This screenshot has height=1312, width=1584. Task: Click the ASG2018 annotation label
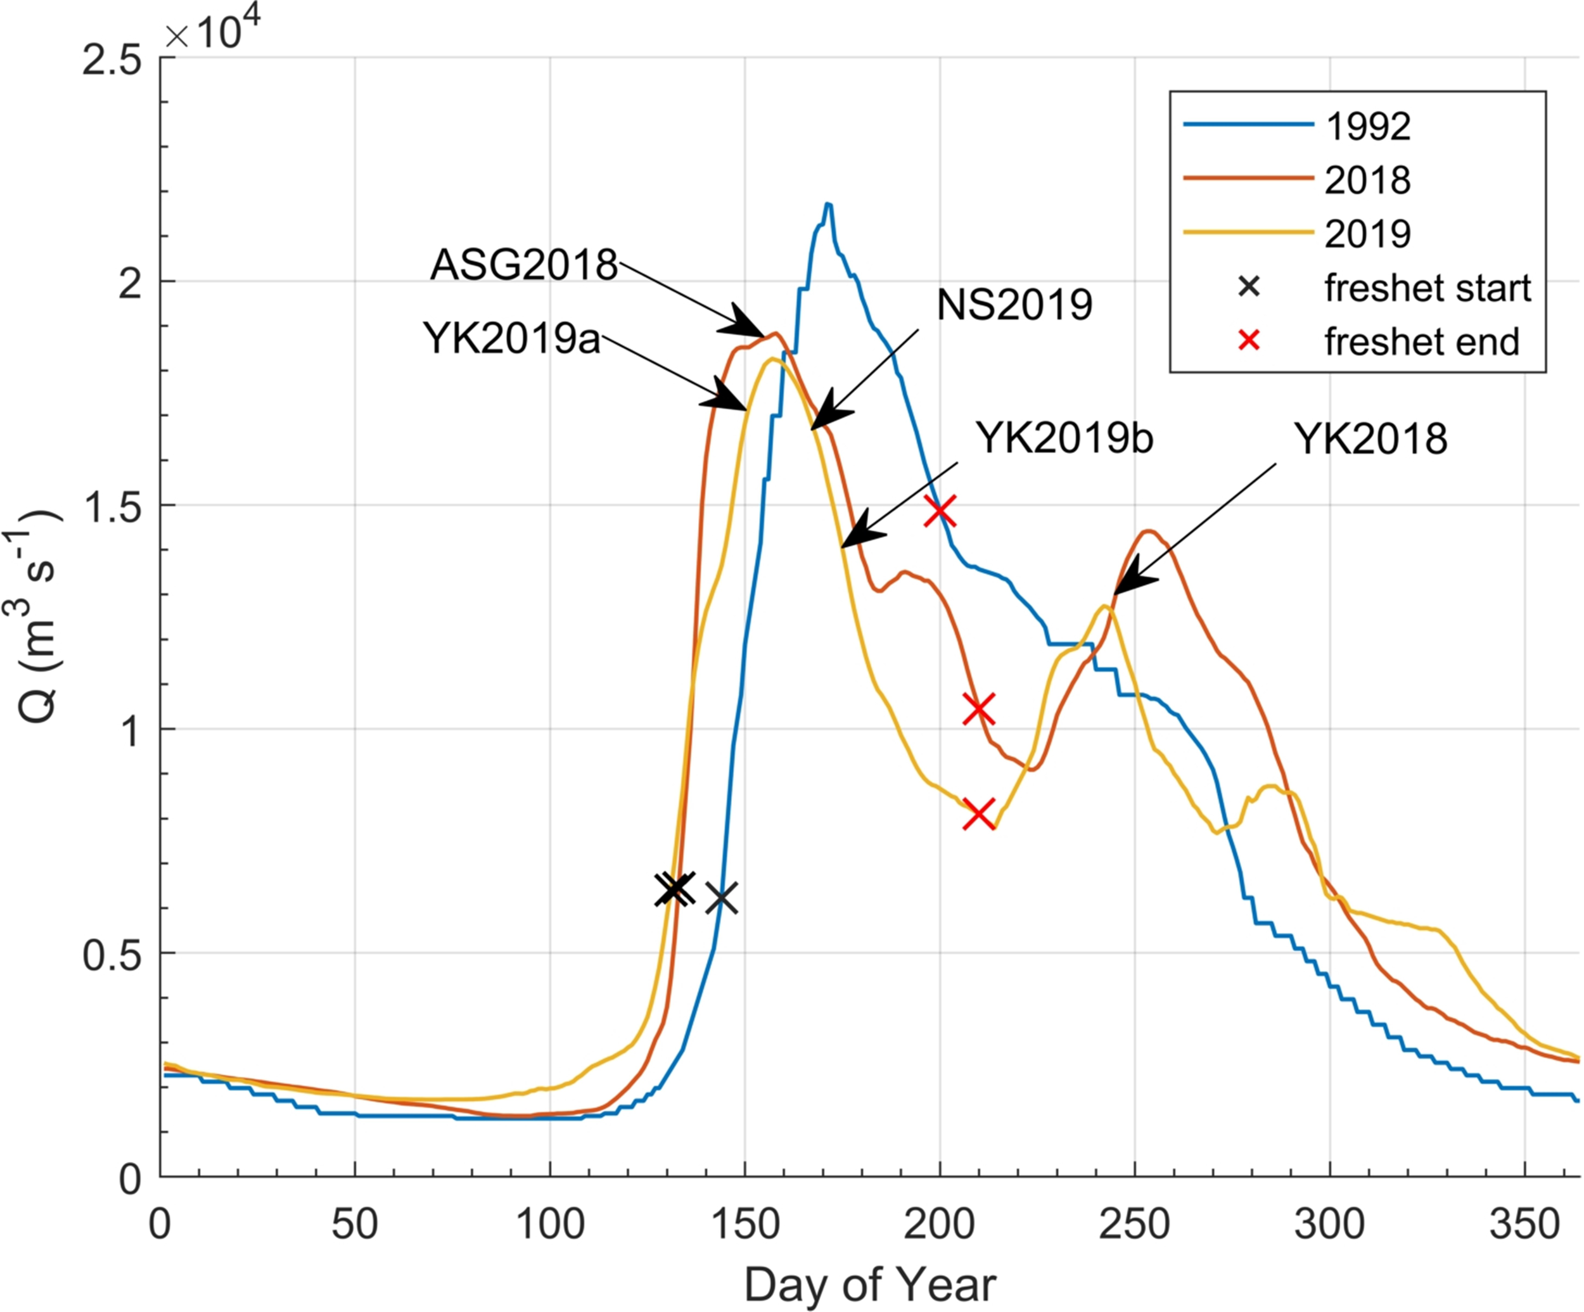(523, 265)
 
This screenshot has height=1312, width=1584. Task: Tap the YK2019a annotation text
(511, 338)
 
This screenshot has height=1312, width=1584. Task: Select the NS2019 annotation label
(1014, 305)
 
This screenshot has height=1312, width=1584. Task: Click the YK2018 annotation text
(1370, 439)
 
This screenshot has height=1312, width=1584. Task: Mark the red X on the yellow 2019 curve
(979, 813)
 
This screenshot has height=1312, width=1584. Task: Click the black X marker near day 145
(722, 897)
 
